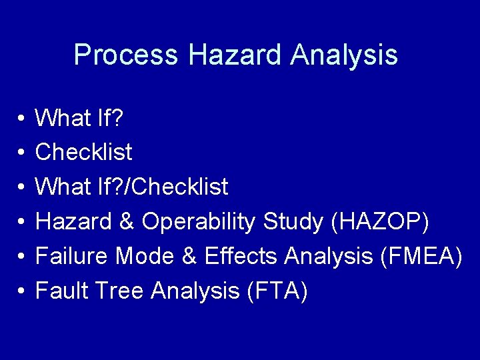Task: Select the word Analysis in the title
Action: pyautogui.click(x=344, y=55)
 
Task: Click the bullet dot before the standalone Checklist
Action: pyautogui.click(x=21, y=153)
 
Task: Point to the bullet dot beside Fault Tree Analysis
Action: pyautogui.click(x=21, y=291)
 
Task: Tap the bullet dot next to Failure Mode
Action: pyautogui.click(x=21, y=257)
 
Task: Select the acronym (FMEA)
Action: pyautogui.click(x=421, y=257)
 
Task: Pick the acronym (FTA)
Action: pyautogui.click(x=277, y=291)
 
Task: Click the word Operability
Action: pyautogui.click(x=198, y=222)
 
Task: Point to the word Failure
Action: pyautogui.click(x=71, y=257)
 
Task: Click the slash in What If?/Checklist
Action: pyautogui.click(x=128, y=187)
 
